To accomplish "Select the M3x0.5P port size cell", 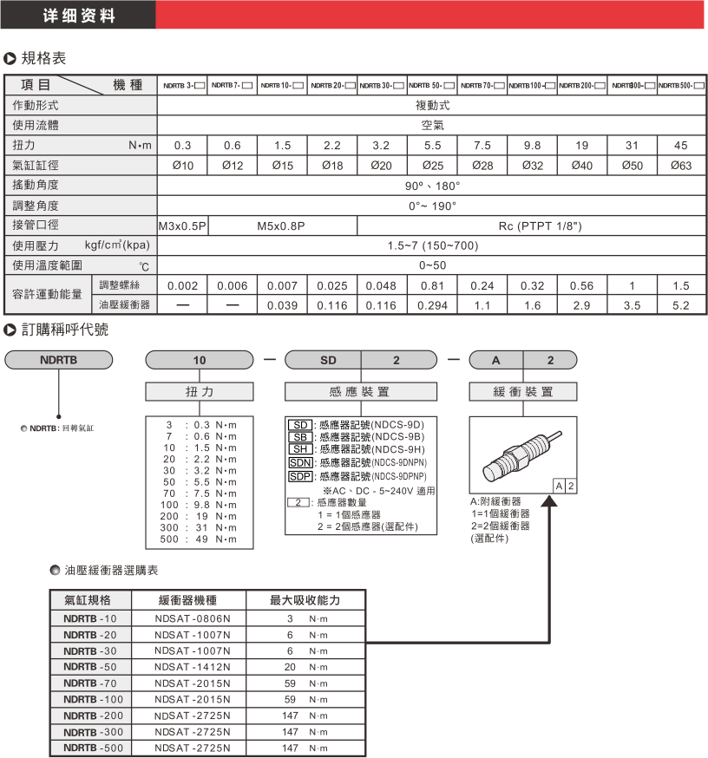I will [x=183, y=226].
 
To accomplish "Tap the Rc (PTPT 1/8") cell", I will [x=532, y=226].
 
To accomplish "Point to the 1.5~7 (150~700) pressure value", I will [x=431, y=245].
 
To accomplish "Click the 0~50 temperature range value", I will [x=431, y=265].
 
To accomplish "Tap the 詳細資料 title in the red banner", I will [x=79, y=16].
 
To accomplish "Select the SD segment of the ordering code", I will [x=322, y=359].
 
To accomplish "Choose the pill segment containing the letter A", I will [x=495, y=359].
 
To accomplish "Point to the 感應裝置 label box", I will [x=360, y=392].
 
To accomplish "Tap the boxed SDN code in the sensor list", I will [x=299, y=462].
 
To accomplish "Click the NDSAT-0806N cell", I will [x=192, y=618].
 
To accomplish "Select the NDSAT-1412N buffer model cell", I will [x=192, y=667].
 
